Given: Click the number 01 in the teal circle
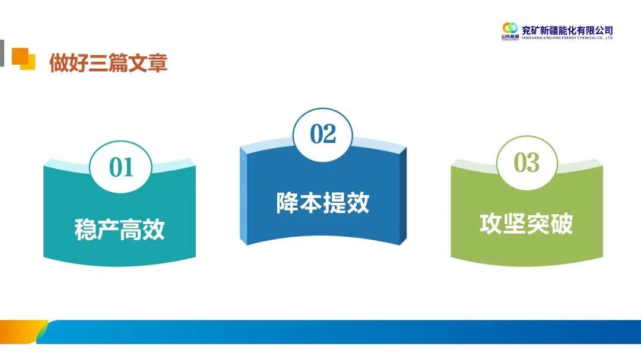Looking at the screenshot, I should pyautogui.click(x=120, y=168).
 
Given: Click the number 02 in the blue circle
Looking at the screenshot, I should pyautogui.click(x=323, y=135).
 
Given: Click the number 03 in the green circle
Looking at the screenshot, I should pyautogui.click(x=526, y=163).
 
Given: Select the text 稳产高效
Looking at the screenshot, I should pyautogui.click(x=119, y=230).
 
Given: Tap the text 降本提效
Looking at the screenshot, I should pyautogui.click(x=323, y=203).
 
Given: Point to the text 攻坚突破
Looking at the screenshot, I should pyautogui.click(x=526, y=224).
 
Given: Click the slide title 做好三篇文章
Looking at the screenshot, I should pyautogui.click(x=108, y=63).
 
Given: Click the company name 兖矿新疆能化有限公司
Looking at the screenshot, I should pyautogui.click(x=566, y=30).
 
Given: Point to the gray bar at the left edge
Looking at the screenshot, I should pyautogui.click(x=2, y=53).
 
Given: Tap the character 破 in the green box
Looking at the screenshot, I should pyautogui.click(x=561, y=224).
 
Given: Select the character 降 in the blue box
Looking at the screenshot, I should pyautogui.click(x=288, y=203).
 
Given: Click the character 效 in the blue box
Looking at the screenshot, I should pyautogui.click(x=358, y=203).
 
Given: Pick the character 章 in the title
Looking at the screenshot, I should pyautogui.click(x=157, y=63).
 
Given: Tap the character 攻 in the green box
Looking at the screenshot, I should pyautogui.click(x=491, y=224).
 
